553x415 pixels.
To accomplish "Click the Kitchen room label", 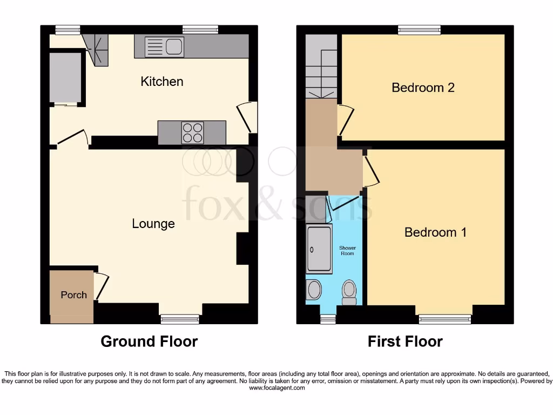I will tap(162, 82).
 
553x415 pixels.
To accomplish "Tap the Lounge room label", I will tap(153, 223).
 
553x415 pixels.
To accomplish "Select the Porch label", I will tap(73, 295).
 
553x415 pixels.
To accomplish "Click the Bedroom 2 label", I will tap(423, 88).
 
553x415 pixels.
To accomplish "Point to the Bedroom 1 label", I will tap(435, 232).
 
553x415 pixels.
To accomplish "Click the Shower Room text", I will tap(347, 250).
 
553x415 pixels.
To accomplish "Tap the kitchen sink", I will tap(165, 47).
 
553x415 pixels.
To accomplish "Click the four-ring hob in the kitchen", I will tap(192, 132).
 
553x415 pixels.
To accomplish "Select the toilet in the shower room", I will tap(349, 291).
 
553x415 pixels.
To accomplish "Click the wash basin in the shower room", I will tap(314, 290).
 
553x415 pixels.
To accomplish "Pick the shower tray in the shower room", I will tap(319, 249).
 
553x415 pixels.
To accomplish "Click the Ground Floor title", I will tap(149, 342).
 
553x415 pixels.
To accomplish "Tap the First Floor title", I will tap(405, 342).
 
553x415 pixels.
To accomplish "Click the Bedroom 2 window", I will tap(419, 30).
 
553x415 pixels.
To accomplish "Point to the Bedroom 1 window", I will tap(444, 319).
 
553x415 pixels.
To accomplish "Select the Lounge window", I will tap(180, 319).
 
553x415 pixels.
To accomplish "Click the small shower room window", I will tap(328, 319).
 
